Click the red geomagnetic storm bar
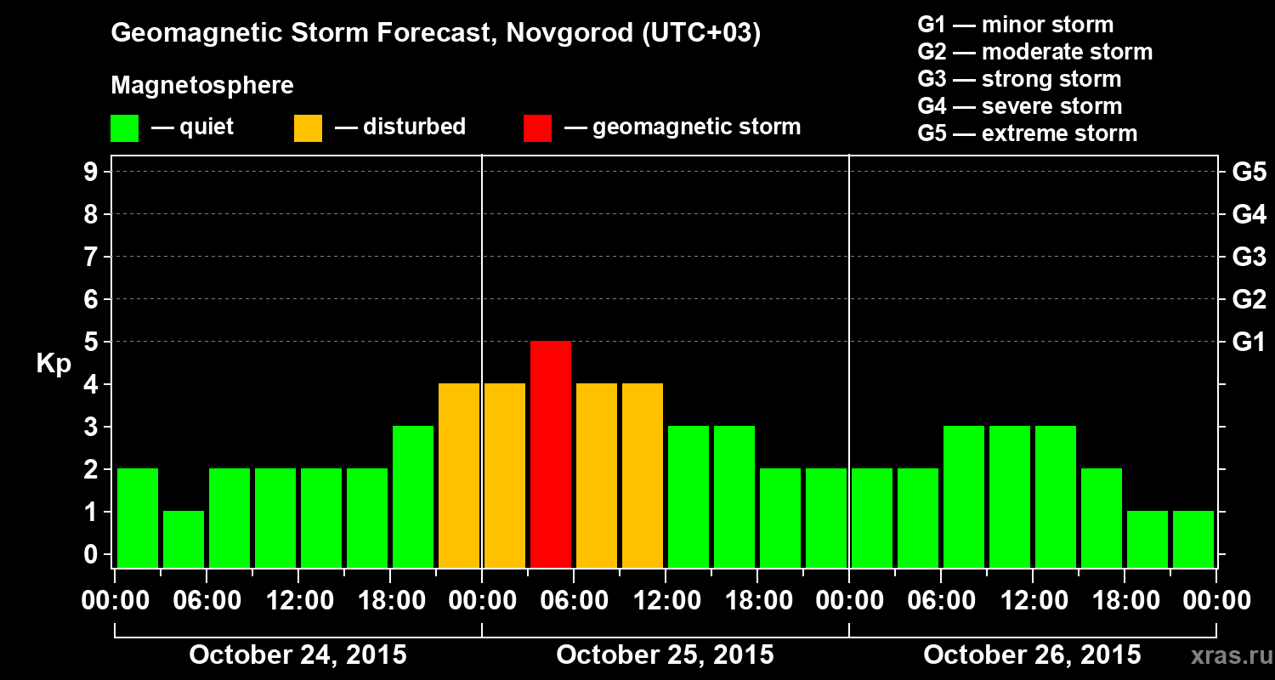[551, 454]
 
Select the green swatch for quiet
[124, 127]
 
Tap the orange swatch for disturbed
[308, 127]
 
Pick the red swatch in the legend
[537, 127]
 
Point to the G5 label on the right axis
[1249, 173]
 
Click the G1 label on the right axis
[1249, 343]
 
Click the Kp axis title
[54, 364]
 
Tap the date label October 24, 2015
[297, 655]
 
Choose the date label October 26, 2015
[1032, 655]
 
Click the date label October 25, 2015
[665, 655]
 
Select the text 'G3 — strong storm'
[1019, 79]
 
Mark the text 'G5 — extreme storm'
[1027, 133]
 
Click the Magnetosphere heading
[202, 86]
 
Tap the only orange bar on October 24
[459, 475]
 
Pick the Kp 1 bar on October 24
[184, 539]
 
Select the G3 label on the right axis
[1249, 258]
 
